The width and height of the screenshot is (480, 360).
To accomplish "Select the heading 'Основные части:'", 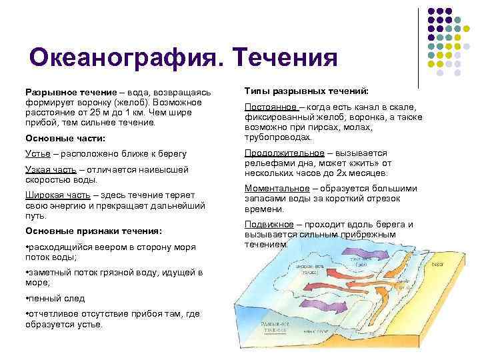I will [x=65, y=138].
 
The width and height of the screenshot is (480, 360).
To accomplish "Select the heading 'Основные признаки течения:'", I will [x=93, y=231].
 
